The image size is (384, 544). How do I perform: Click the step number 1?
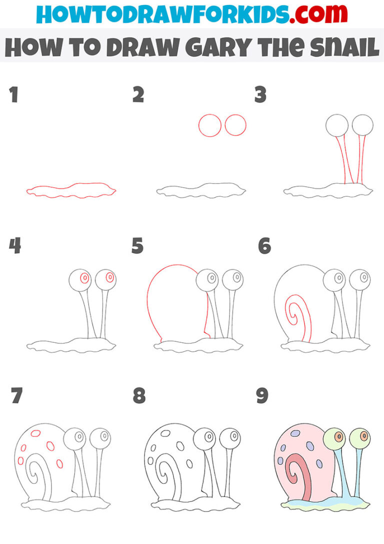pyautogui.click(x=14, y=95)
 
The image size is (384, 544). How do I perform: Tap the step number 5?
pyautogui.click(x=137, y=246)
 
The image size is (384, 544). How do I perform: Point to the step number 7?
pyautogui.click(x=16, y=396)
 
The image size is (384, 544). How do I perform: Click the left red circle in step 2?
pyautogui.click(x=210, y=125)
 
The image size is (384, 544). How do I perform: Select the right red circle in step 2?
pyautogui.click(x=235, y=125)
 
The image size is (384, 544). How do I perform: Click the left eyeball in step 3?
pyautogui.click(x=336, y=125)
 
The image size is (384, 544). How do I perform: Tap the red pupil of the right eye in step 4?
pyautogui.click(x=110, y=277)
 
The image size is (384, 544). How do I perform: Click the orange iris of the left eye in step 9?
pyautogui.click(x=338, y=437)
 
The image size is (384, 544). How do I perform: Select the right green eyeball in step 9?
pyautogui.click(x=359, y=438)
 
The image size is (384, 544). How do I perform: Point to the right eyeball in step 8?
pyautogui.click(x=229, y=438)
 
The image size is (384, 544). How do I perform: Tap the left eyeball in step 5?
pyautogui.click(x=206, y=278)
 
